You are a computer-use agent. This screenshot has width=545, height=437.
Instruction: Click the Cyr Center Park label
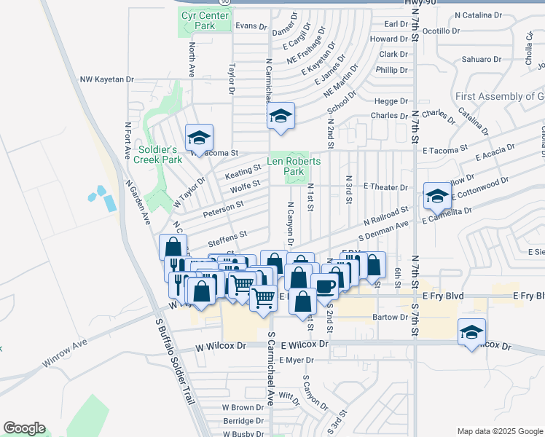pos(199,20)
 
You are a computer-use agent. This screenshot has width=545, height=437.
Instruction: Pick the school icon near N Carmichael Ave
pos(280,116)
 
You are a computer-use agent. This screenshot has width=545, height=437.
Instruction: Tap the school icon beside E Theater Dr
pos(437,195)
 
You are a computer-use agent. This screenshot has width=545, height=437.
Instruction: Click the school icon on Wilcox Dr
pos(471,332)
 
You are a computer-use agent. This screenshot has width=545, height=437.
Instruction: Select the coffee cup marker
pos(325,286)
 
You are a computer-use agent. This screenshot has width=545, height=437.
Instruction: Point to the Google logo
pos(24,428)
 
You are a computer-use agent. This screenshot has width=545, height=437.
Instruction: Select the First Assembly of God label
pos(499,97)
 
